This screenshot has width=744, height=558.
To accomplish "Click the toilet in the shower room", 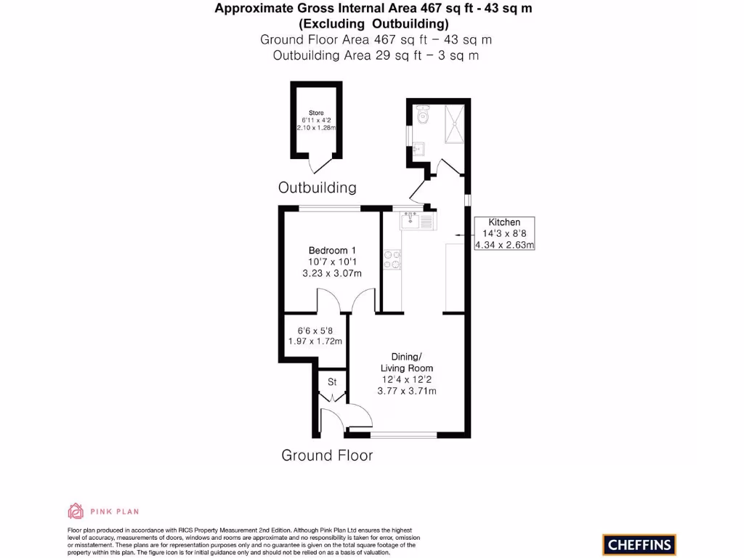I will [x=424, y=115].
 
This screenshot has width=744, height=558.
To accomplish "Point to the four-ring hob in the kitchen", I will [x=392, y=259].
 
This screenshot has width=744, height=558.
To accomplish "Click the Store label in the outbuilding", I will [x=316, y=113].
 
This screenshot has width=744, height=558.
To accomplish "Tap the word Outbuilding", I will [x=318, y=187].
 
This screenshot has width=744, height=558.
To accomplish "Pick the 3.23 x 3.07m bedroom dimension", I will [x=332, y=273].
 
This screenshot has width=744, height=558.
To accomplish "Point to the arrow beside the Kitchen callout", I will [x=461, y=235].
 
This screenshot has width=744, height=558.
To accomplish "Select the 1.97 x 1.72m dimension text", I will [x=315, y=341].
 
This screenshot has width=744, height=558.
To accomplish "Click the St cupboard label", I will [x=332, y=382].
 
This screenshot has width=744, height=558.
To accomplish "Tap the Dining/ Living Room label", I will [x=406, y=363].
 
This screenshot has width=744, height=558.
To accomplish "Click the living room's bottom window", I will [x=403, y=434].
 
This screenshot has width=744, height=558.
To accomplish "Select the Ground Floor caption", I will [x=327, y=456].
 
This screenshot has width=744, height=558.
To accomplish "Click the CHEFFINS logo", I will [x=639, y=544].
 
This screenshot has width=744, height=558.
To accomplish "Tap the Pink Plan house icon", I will [x=76, y=511].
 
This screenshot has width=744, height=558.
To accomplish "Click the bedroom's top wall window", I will [x=331, y=209].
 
